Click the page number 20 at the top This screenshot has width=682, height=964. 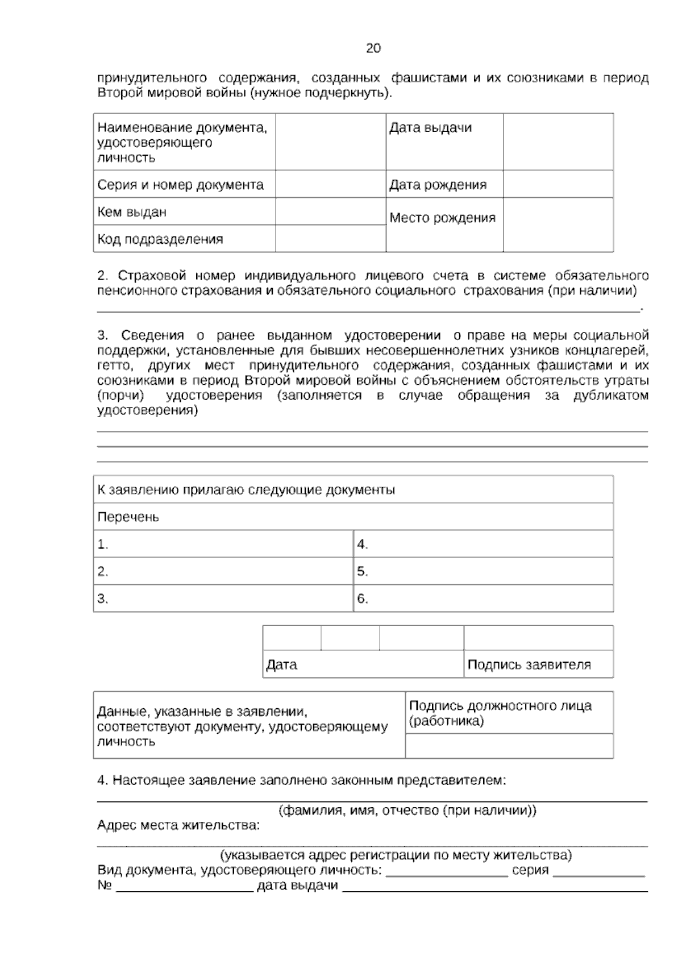(373, 48)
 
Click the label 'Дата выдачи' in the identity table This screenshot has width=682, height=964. (430, 128)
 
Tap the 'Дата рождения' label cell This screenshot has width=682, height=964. (438, 185)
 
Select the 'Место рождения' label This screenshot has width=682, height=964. (442, 218)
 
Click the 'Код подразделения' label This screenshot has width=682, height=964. (160, 239)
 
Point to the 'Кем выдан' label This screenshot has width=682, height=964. (132, 213)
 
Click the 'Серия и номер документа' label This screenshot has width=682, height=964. (181, 185)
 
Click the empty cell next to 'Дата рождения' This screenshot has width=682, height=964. (558, 184)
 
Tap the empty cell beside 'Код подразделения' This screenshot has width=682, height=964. (330, 239)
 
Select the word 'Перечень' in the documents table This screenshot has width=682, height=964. (128, 517)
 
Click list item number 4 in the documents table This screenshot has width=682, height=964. (363, 545)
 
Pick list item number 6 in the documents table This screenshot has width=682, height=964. (363, 599)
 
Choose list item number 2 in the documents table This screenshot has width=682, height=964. (103, 572)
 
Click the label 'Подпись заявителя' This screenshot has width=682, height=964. (529, 664)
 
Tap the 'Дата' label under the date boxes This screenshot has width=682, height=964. (281, 664)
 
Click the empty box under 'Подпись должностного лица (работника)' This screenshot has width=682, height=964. (509, 746)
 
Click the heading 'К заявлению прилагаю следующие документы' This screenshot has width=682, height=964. (246, 490)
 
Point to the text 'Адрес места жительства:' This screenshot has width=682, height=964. (178, 825)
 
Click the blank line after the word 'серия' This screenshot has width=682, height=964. (598, 871)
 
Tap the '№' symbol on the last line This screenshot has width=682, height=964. (104, 886)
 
